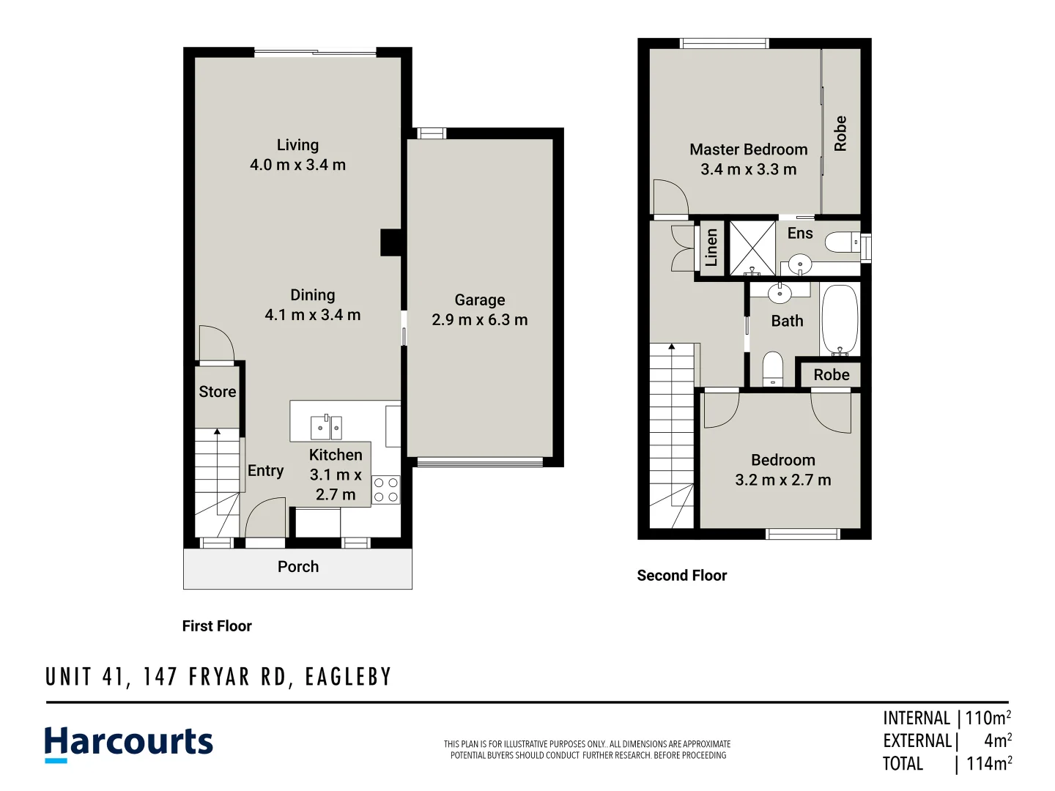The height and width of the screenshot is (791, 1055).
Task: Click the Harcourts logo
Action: pyautogui.click(x=128, y=743)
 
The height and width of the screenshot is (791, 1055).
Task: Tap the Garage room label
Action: pyautogui.click(x=480, y=300)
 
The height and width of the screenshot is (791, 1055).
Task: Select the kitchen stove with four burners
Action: pyautogui.click(x=386, y=490)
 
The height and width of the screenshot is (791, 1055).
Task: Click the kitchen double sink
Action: pyautogui.click(x=326, y=427)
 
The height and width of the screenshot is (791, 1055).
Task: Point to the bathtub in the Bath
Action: pyautogui.click(x=840, y=320)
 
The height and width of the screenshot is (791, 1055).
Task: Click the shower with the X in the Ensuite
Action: pyautogui.click(x=752, y=248)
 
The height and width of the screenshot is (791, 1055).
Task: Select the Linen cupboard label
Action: pyautogui.click(x=711, y=248)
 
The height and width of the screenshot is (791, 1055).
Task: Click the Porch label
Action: pyautogui.click(x=298, y=567)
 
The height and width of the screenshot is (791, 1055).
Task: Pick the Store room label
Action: pyautogui.click(x=218, y=392)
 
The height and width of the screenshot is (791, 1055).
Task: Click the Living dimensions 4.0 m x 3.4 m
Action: pyautogui.click(x=297, y=165)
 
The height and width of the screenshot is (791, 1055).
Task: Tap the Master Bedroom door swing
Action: pyautogui.click(x=670, y=197)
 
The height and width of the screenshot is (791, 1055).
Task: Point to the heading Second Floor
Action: pyautogui.click(x=681, y=576)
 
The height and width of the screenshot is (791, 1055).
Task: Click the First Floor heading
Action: pyautogui.click(x=217, y=626)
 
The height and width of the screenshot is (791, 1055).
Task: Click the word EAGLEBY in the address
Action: pyautogui.click(x=349, y=677)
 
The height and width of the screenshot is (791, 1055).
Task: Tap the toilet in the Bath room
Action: pyautogui.click(x=773, y=369)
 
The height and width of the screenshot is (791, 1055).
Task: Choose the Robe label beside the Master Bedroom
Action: pyautogui.click(x=840, y=133)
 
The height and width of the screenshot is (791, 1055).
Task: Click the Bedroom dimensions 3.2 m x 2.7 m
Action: pyautogui.click(x=783, y=480)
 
